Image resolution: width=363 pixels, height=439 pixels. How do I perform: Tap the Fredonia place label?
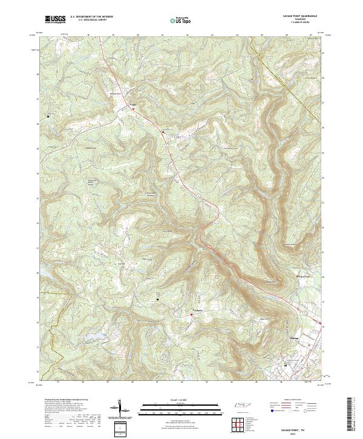[198, 311]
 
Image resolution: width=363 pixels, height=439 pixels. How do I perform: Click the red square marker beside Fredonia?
[192, 314]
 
